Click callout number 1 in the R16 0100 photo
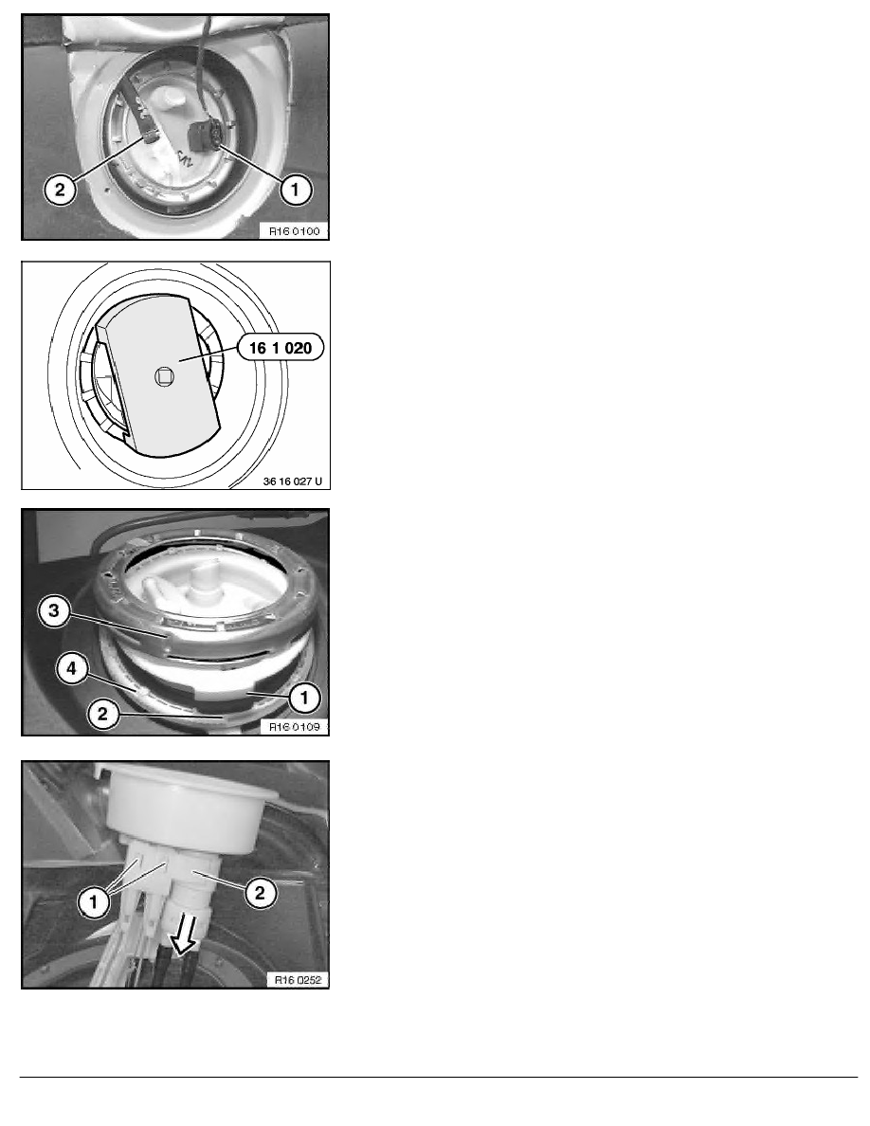coord(295,191)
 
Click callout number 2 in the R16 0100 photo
coord(58,191)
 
